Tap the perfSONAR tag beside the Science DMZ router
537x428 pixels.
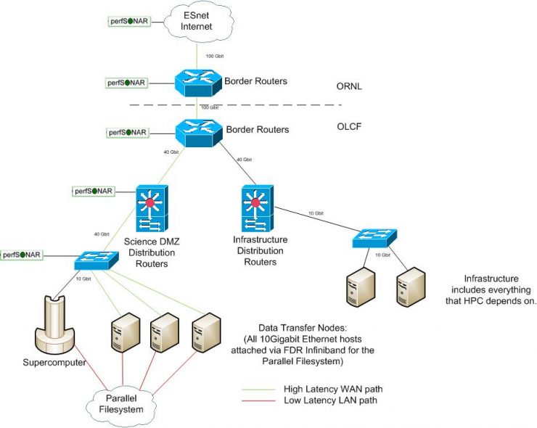94,192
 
